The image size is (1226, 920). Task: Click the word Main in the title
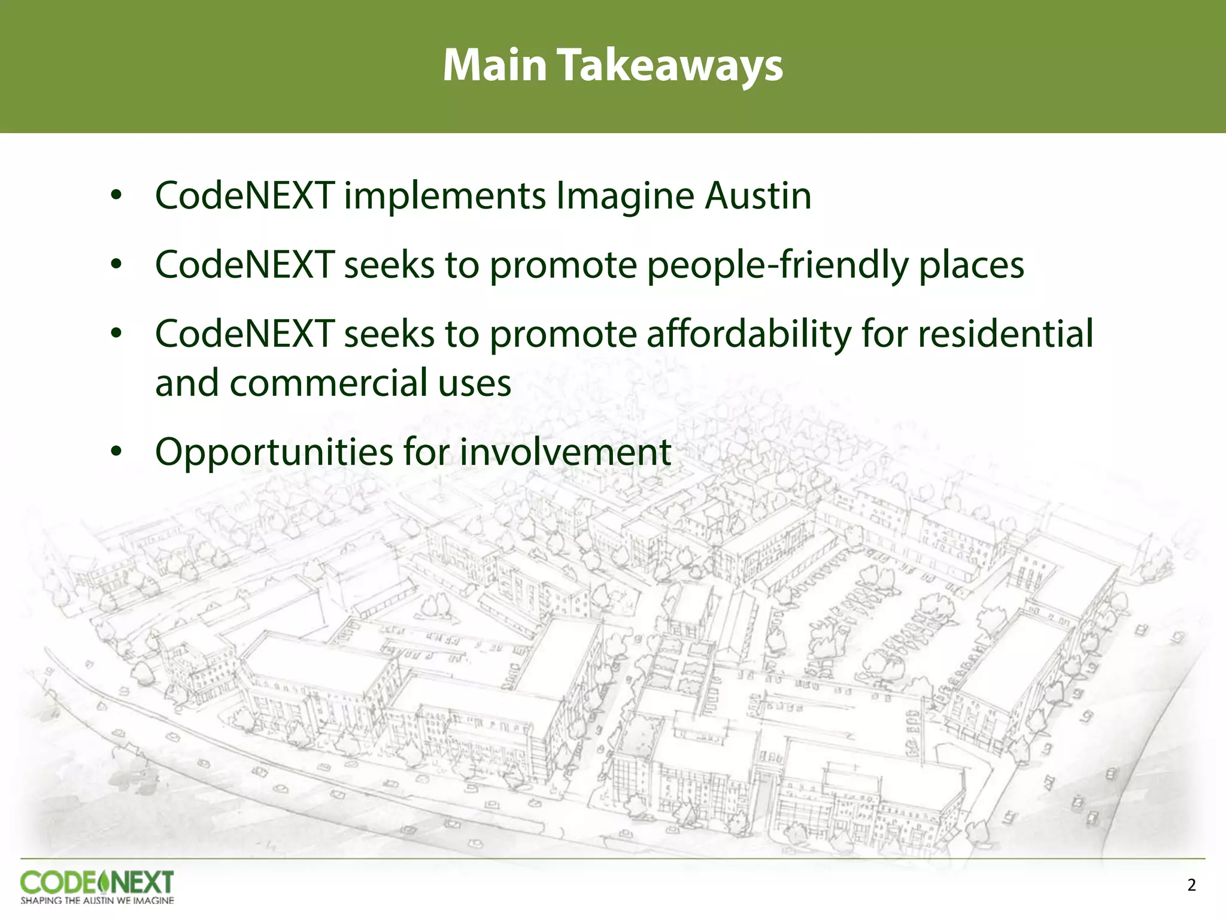[x=494, y=65]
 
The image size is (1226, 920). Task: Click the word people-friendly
[x=777, y=265]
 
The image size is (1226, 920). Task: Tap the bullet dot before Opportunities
[x=116, y=452]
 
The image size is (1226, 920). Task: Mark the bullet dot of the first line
[x=116, y=195]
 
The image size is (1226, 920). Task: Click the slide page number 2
[x=1191, y=885]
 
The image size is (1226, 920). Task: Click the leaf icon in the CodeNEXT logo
[x=103, y=882]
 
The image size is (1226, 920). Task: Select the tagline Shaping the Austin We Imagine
[x=97, y=900]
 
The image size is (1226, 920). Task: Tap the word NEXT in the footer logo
[x=142, y=882]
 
